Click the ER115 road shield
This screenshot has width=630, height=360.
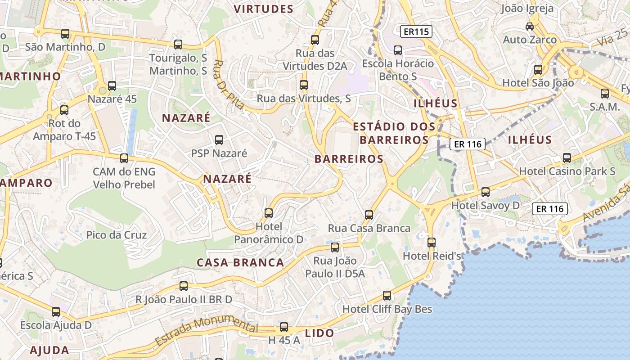point(416,31)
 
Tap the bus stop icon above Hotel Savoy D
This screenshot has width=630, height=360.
point(486,192)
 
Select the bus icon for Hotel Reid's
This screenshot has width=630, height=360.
point(432,243)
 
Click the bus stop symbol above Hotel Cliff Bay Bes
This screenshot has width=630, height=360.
point(387,296)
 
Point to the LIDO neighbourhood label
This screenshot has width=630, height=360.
point(319,333)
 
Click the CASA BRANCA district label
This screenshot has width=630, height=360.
point(240,263)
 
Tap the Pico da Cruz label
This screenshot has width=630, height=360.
point(117,235)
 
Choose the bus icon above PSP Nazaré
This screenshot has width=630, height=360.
point(219,140)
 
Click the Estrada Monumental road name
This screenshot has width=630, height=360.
point(206,332)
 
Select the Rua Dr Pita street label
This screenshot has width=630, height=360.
point(228,85)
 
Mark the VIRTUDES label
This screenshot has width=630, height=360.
point(264,9)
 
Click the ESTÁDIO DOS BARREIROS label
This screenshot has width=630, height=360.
point(394,133)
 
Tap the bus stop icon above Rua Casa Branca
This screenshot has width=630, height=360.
point(369,215)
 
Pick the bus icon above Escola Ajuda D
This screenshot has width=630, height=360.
point(56,311)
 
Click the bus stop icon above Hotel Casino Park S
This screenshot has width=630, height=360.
point(567,158)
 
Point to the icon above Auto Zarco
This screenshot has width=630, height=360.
point(530,27)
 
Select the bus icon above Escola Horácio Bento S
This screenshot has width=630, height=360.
point(398,50)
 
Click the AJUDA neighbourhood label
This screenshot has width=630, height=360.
point(49,350)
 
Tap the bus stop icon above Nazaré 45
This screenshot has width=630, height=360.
point(112,85)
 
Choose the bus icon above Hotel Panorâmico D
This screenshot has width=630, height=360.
point(269,213)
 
